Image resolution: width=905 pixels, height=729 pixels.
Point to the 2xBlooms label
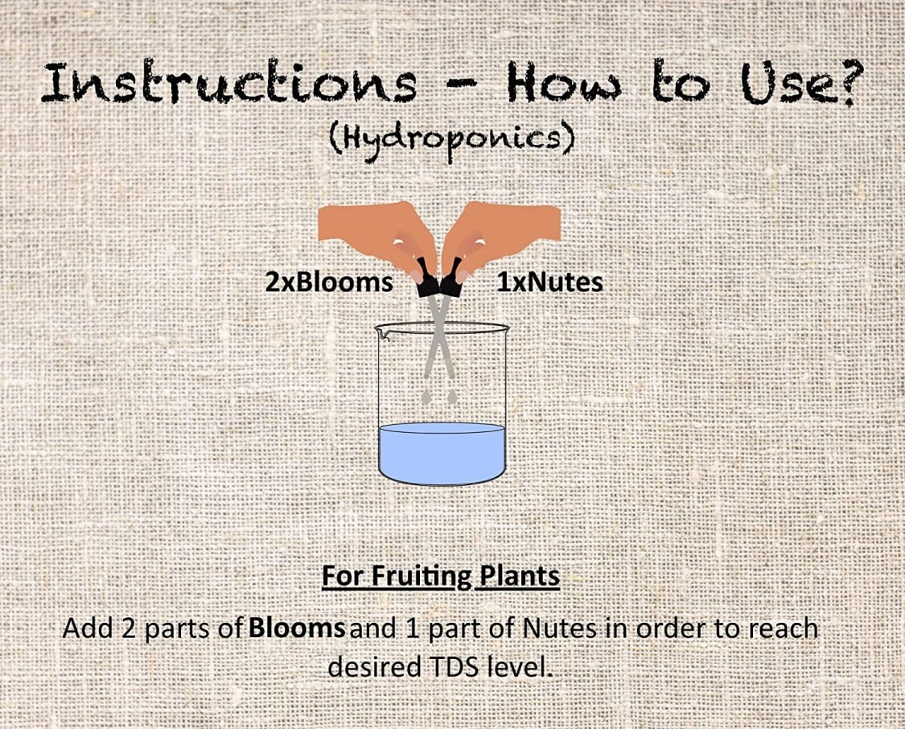pyautogui.click(x=329, y=282)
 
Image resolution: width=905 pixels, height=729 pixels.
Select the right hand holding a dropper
pyautogui.click(x=500, y=237)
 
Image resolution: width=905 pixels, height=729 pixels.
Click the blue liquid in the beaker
pyautogui.click(x=442, y=454)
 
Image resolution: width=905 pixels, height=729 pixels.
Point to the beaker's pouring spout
pyautogui.click(x=381, y=332)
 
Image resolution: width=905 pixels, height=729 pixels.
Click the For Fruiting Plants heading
pyautogui.click(x=440, y=577)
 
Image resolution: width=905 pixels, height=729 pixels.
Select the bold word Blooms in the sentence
pyautogui.click(x=297, y=628)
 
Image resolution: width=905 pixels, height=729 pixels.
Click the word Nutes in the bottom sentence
pyautogui.click(x=559, y=628)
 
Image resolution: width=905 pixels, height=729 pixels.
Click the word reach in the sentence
pyautogui.click(x=784, y=628)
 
